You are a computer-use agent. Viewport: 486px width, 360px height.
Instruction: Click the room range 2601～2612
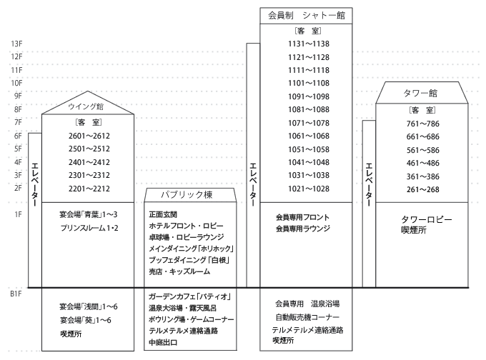pos(86,135)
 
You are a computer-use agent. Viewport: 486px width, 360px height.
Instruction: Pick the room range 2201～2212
pos(86,189)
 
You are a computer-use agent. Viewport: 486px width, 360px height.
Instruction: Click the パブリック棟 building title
pos(187,195)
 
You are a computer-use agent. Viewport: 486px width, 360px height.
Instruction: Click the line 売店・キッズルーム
pos(182,271)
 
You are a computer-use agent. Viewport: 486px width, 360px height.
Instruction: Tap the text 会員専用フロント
pos(303,216)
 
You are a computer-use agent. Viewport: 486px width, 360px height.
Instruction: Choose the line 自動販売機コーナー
pos(307,316)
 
